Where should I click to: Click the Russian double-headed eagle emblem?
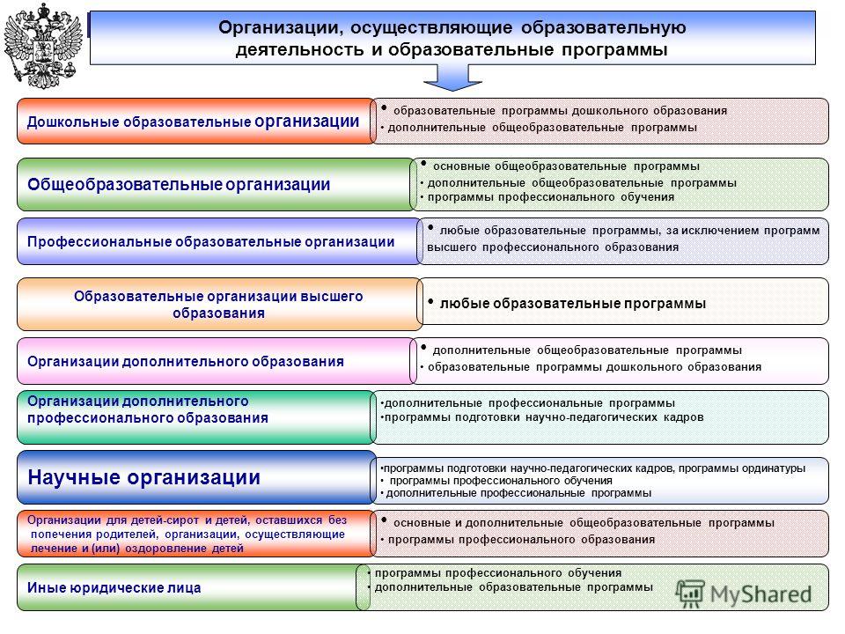click(43, 46)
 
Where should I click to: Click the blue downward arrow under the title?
click(452, 77)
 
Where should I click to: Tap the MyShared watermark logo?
click(745, 594)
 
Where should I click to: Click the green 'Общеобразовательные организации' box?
click(216, 184)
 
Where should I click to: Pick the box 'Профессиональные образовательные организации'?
click(218, 241)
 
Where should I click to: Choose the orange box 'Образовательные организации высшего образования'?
click(219, 304)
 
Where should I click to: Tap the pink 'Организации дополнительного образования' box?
click(216, 361)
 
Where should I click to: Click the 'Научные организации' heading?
click(143, 477)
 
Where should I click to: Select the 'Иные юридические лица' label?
click(114, 587)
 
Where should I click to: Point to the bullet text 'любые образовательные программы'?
click(573, 304)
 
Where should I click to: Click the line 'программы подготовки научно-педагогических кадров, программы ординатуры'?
click(592, 468)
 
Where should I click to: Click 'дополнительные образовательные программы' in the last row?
click(513, 587)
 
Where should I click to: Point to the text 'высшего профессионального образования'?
click(553, 247)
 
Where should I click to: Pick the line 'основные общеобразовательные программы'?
click(566, 166)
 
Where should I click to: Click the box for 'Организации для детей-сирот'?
click(196, 534)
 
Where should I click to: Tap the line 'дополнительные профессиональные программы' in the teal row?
click(529, 403)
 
